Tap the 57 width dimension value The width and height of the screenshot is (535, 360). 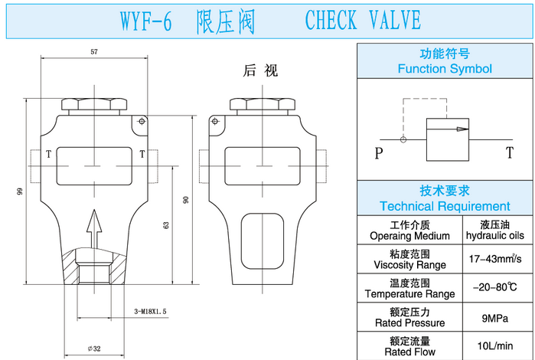tap(94, 51)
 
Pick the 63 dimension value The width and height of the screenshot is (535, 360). tap(166, 225)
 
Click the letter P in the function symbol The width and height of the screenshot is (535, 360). tap(379, 153)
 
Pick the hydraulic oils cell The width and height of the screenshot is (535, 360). tap(496, 230)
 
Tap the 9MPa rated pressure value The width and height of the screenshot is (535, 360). tap(496, 318)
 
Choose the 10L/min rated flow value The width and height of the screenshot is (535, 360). tap(496, 346)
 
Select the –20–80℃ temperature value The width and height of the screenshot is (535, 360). tap(496, 288)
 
